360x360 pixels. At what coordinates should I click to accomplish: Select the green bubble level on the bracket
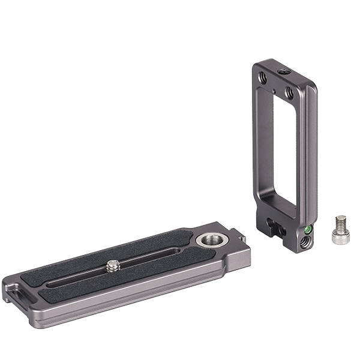pyautogui.click(x=308, y=229)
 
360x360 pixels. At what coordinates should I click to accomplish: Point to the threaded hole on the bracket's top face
pyautogui.click(x=282, y=71)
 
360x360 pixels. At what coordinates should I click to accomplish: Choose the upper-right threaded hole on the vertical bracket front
pyautogui.click(x=289, y=93)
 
